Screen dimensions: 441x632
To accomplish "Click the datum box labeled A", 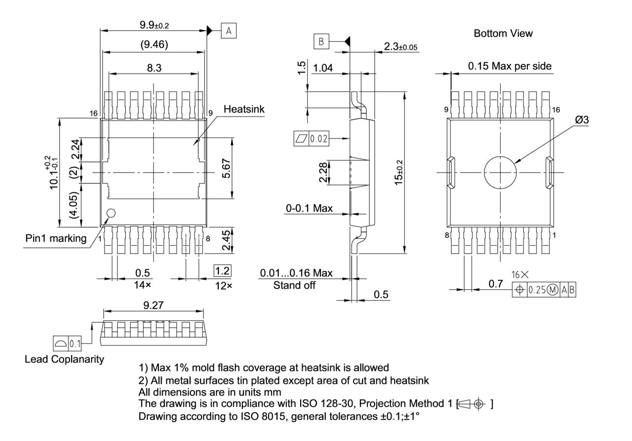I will (x=229, y=31).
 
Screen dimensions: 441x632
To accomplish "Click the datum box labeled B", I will (x=321, y=42).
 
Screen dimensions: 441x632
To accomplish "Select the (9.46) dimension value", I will (x=154, y=45).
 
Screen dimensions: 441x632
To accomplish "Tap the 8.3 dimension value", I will (x=154, y=68).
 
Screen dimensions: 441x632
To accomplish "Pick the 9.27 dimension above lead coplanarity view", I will (x=154, y=306).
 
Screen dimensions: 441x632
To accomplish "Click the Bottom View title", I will (x=503, y=33).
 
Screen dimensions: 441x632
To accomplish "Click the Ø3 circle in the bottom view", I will (x=500, y=173).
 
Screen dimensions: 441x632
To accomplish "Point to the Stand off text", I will (x=294, y=285).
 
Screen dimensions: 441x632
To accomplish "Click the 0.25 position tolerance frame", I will (x=544, y=290).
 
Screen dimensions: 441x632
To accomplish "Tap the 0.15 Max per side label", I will (x=510, y=66).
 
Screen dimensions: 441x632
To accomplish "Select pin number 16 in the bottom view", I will (x=556, y=110).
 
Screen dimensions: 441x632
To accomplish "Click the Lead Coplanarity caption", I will (x=64, y=359).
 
